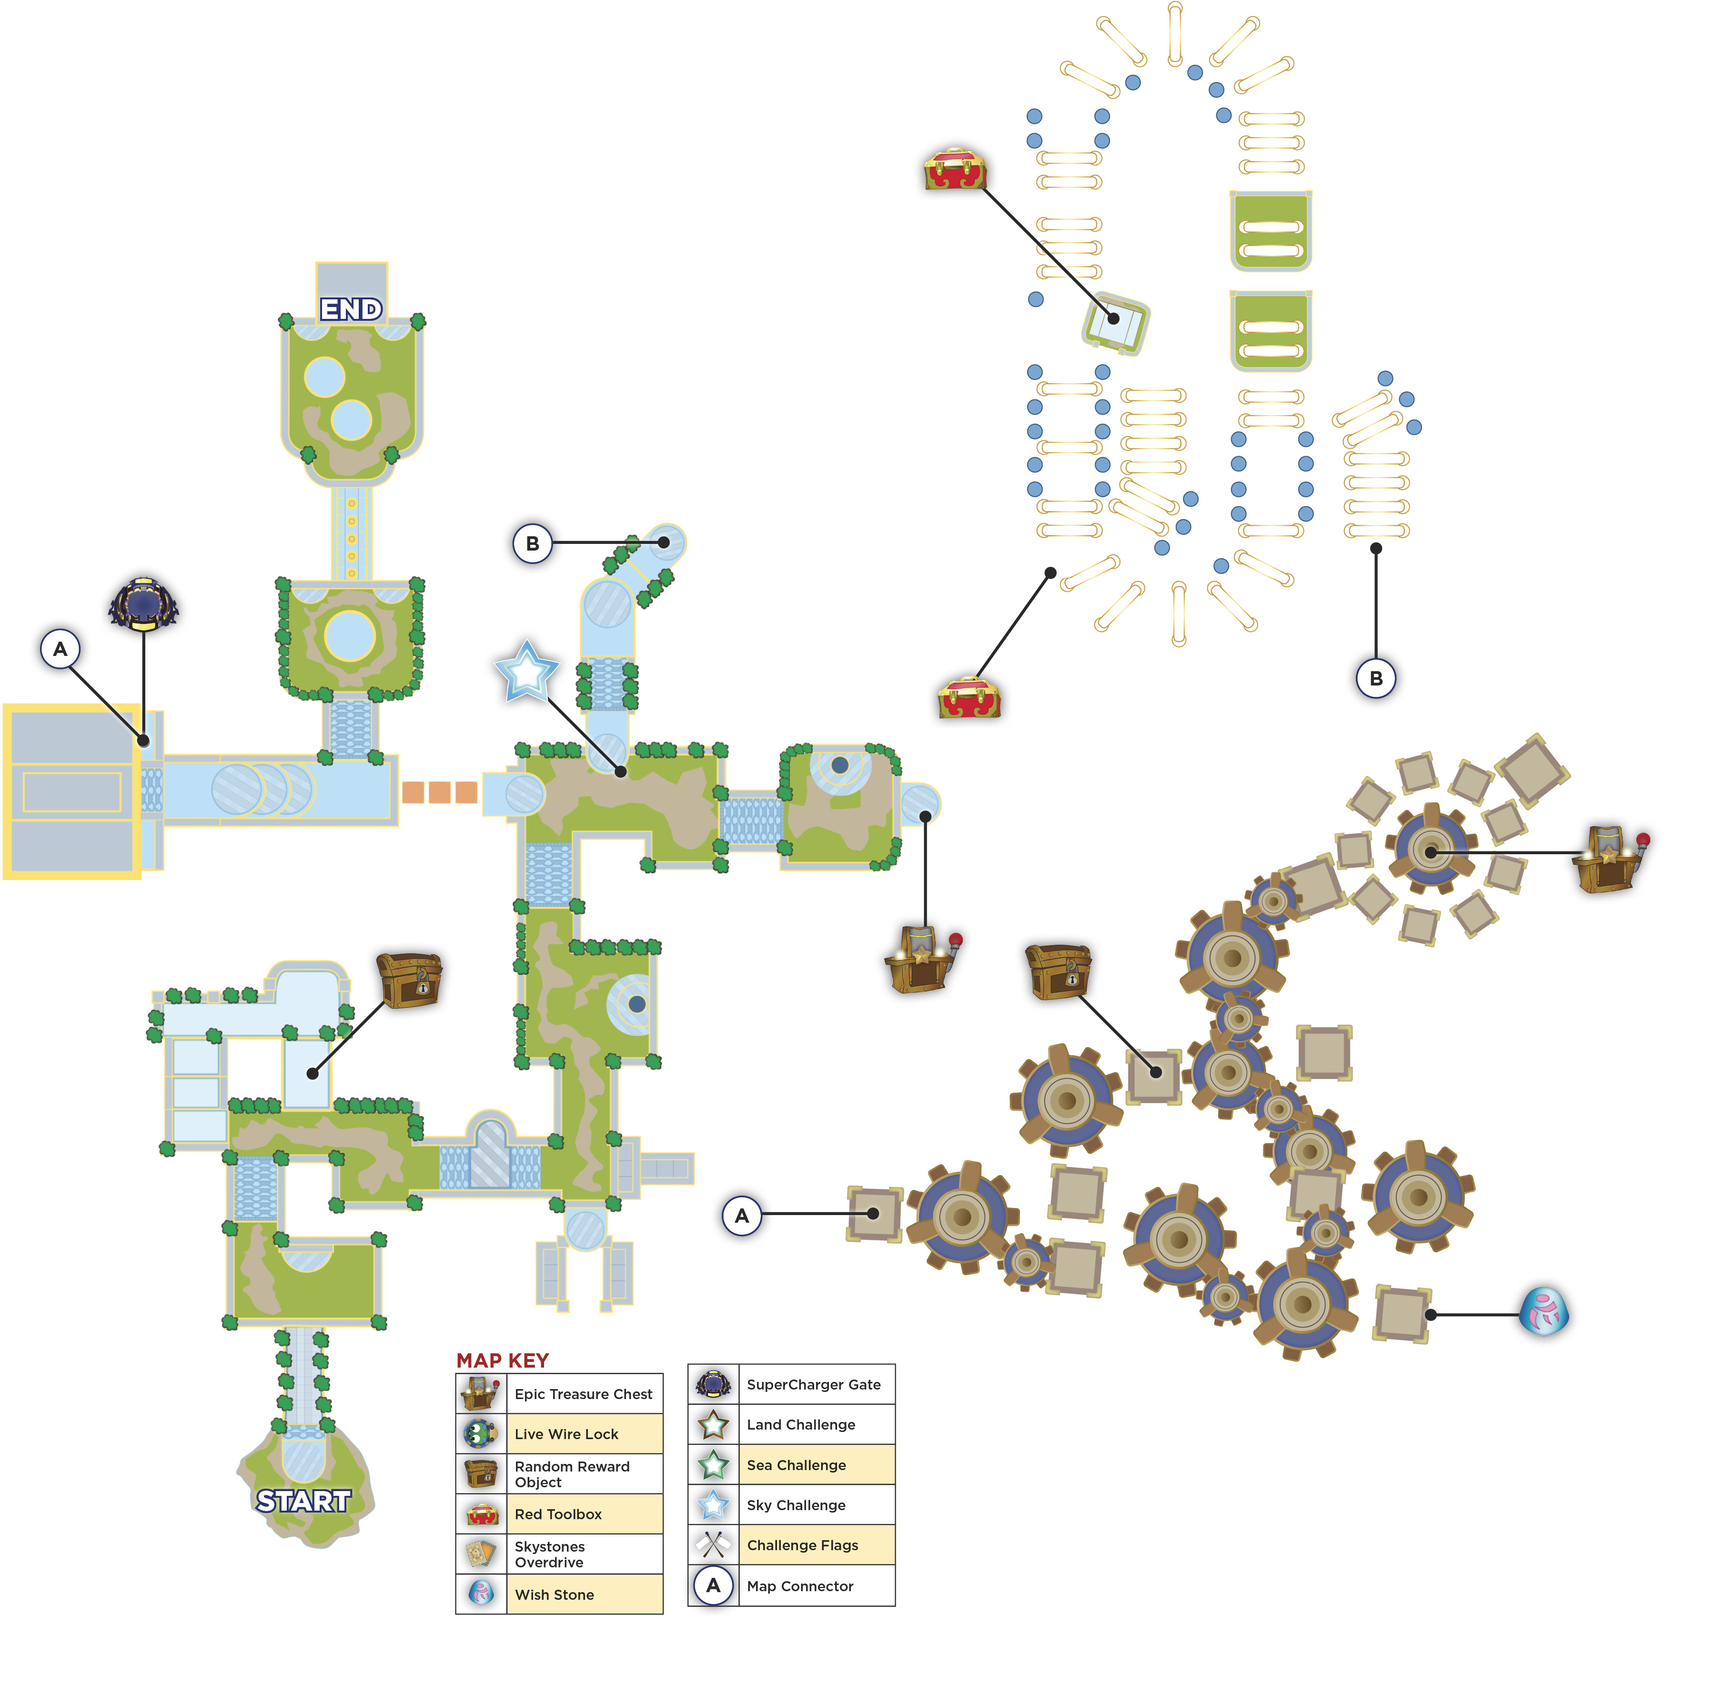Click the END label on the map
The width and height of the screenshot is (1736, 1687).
pyautogui.click(x=352, y=309)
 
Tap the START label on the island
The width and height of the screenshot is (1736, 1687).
pyautogui.click(x=304, y=1501)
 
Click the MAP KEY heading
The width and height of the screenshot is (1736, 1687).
pyautogui.click(x=502, y=1360)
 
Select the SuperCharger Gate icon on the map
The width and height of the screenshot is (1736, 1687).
pyautogui.click(x=143, y=604)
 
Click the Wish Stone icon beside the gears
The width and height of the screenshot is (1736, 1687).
pyautogui.click(x=1544, y=1311)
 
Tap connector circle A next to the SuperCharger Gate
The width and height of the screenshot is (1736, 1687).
pyautogui.click(x=60, y=649)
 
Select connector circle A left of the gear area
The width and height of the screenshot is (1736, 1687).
pyautogui.click(x=742, y=1216)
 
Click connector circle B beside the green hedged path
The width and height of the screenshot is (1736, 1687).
pyautogui.click(x=532, y=543)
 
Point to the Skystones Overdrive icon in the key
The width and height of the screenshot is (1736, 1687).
pyautogui.click(x=481, y=1554)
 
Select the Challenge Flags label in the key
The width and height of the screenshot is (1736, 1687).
pyautogui.click(x=802, y=1545)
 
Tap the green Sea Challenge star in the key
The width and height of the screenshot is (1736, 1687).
pyautogui.click(x=713, y=1464)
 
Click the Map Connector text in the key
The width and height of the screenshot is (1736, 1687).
pyautogui.click(x=800, y=1586)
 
